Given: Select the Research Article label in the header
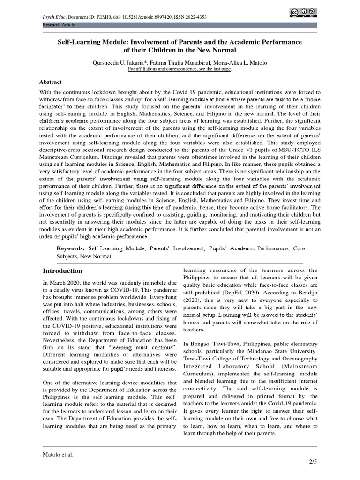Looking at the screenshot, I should click(x=59, y=24).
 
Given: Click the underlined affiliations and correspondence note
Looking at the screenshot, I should click(x=180, y=68).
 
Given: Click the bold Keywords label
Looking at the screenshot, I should click(x=71, y=247).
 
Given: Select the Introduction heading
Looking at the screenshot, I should click(x=62, y=271).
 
